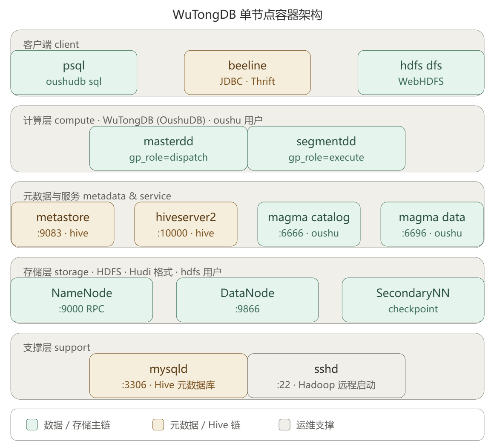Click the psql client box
[74, 72]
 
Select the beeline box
[247, 72]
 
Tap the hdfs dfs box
[421, 72]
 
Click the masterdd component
[168, 148]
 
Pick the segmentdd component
[326, 148]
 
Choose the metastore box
[63, 224]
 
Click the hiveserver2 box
[186, 224]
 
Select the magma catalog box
[309, 224]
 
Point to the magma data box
[432, 224]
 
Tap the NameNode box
[82, 300]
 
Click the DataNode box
[247, 300]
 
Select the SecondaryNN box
[413, 300]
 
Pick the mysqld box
[168, 376]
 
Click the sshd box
[326, 376]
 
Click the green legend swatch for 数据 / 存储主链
[32, 424]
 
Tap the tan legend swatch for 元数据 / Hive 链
[158, 424]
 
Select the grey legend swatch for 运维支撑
[284, 424]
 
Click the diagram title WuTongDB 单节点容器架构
[247, 15]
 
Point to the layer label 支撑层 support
[57, 347]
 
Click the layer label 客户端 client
[51, 44]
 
